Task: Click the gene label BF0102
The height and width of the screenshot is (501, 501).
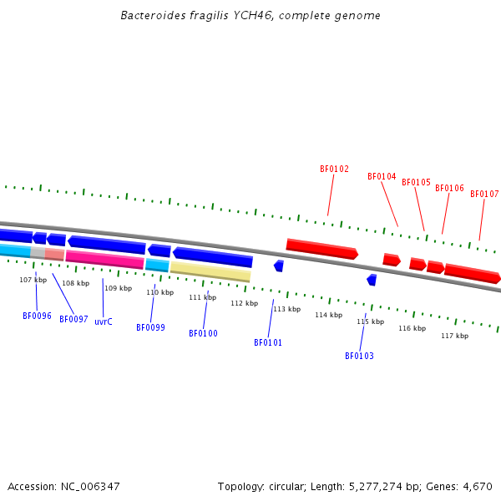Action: (334, 169)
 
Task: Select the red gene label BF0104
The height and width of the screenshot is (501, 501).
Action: (382, 176)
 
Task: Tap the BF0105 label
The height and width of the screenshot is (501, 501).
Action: (416, 182)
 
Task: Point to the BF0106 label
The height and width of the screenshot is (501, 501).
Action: (449, 188)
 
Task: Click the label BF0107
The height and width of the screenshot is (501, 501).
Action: (484, 194)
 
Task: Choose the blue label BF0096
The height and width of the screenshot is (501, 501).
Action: (37, 316)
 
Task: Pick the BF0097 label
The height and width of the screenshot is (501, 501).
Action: (73, 319)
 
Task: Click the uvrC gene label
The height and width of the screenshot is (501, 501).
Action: (104, 321)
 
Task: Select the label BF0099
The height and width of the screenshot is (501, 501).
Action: (150, 327)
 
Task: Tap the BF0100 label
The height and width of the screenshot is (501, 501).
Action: (203, 333)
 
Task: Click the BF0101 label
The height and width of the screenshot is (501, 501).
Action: (268, 342)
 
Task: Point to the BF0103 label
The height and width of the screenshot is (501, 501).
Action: (359, 356)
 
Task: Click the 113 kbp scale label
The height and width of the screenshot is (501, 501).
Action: (286, 309)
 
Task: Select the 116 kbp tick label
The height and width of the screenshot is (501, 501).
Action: (412, 328)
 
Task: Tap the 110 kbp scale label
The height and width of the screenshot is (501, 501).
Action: (159, 292)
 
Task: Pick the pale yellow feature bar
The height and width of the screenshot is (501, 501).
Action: (210, 271)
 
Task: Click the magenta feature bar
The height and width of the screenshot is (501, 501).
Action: (104, 259)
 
